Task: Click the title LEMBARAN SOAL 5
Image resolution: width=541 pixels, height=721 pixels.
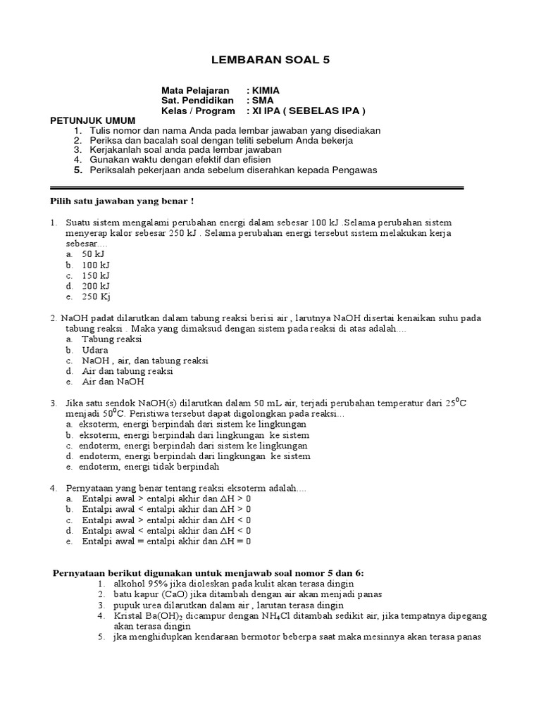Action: tap(270, 61)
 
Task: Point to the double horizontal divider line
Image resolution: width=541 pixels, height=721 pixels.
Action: tap(257, 188)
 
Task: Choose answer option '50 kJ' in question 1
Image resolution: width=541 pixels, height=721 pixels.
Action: tap(92, 253)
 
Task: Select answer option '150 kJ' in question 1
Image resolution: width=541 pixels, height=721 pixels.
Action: tap(95, 275)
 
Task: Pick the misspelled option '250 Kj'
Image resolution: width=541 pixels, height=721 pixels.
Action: tap(95, 297)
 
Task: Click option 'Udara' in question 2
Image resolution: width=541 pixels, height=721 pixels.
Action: tap(95, 350)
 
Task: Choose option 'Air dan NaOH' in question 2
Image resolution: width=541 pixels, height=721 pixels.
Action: tap(113, 382)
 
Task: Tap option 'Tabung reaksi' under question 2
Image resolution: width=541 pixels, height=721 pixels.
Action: tap(112, 339)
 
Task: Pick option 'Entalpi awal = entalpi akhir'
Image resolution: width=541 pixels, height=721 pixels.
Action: tap(166, 541)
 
